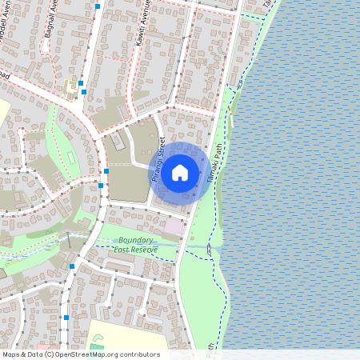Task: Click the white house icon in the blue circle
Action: [180, 172]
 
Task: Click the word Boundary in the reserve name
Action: [135, 241]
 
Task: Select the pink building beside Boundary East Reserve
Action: [174, 226]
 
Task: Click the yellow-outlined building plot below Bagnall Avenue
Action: [73, 85]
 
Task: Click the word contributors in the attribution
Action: [139, 354]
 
